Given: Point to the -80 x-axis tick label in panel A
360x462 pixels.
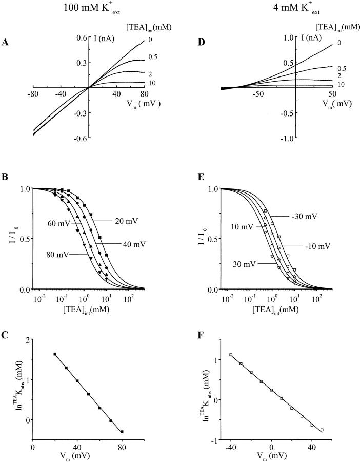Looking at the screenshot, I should pyautogui.click(x=34, y=94).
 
